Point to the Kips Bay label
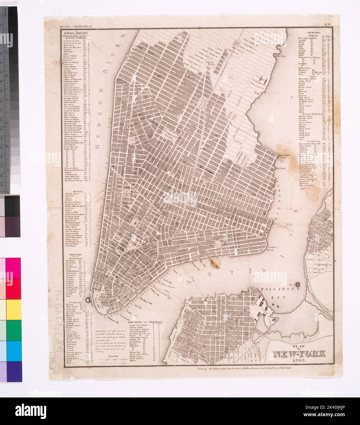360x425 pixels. pos(280,56)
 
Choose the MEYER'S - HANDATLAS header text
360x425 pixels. pos(73,27)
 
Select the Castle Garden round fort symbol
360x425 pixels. pos(89,301)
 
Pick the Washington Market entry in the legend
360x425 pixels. pos(75,180)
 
